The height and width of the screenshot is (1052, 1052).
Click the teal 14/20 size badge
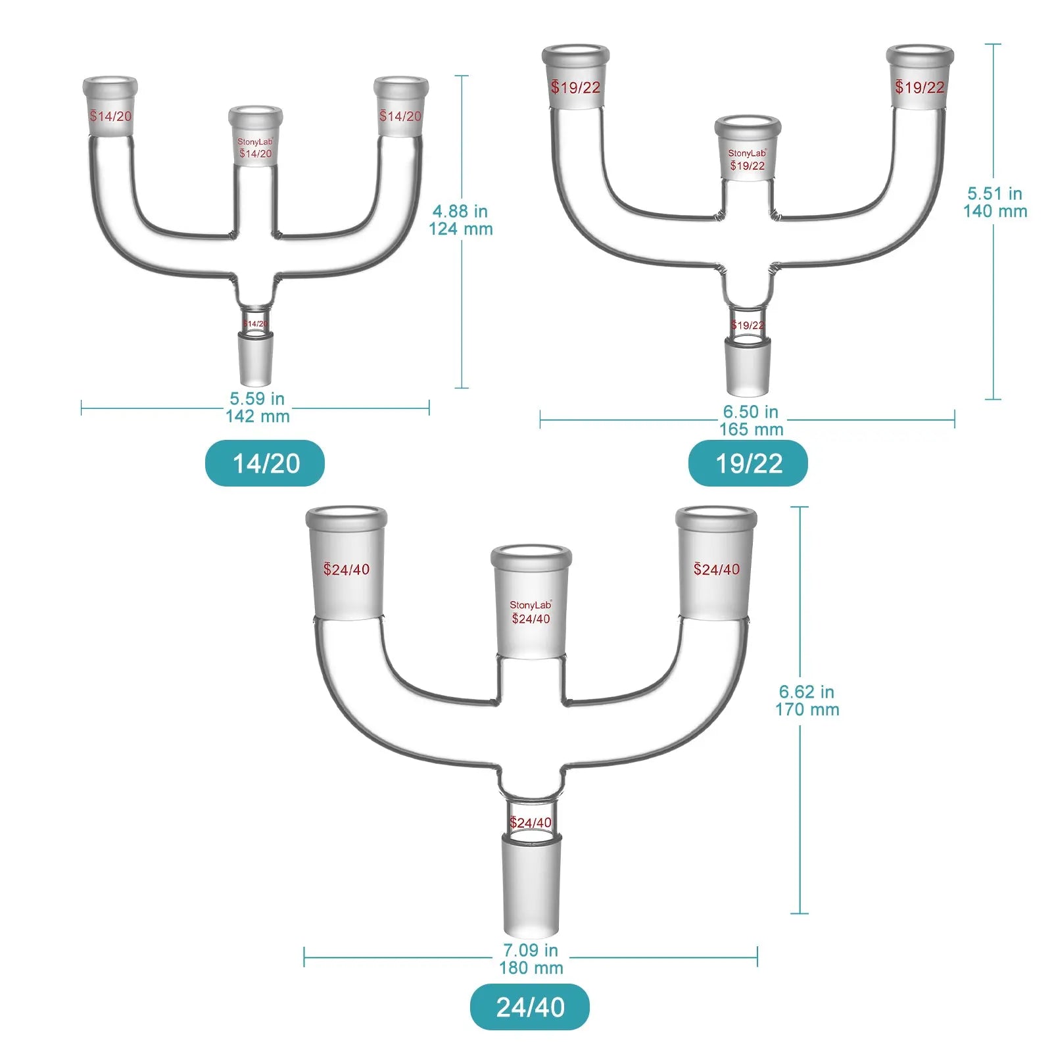(265, 464)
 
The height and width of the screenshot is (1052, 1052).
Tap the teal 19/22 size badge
(748, 464)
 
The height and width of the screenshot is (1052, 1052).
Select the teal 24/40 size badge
(530, 1007)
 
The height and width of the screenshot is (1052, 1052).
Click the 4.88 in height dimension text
(460, 211)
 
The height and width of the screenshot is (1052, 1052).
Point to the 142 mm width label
(258, 416)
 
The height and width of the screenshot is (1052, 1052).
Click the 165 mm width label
(751, 429)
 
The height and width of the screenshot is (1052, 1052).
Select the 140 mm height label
(995, 211)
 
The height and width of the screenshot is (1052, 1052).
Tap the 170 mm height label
(807, 709)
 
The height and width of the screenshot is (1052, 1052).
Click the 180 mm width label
(531, 968)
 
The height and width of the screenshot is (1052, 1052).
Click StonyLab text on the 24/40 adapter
(531, 605)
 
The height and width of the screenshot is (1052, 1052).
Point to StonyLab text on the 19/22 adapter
(747, 153)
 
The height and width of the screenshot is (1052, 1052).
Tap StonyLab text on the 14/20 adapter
(254, 142)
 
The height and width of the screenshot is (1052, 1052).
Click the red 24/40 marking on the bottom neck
(531, 823)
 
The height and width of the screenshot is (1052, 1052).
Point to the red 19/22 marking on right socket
(919, 87)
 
